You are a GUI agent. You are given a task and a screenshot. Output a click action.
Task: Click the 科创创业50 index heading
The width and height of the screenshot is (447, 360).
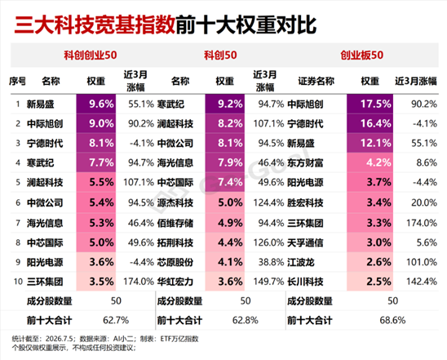point(90,55)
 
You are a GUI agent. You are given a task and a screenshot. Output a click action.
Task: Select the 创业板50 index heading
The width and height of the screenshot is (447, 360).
point(361,55)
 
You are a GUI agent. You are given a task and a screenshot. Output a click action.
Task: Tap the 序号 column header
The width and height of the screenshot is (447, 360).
point(17,82)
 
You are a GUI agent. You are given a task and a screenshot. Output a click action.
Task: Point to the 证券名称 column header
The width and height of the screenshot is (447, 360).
point(316,82)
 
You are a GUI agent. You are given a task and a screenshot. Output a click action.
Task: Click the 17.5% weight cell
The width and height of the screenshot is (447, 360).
point(370,104)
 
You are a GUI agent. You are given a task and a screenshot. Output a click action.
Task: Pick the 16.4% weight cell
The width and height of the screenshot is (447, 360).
point(370,123)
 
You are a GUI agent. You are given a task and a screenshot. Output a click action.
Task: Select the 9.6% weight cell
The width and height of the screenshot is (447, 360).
point(96,104)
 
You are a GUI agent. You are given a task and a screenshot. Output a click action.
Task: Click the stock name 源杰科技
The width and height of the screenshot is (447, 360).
point(175,202)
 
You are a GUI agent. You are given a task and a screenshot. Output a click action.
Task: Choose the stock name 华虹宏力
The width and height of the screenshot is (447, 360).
point(175,282)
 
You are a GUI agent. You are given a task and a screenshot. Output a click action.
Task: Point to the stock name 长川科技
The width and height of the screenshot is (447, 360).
point(305,282)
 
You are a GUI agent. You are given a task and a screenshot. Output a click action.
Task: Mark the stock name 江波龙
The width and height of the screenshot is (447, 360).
point(301,262)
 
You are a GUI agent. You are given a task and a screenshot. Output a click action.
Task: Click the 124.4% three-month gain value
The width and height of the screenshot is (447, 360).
point(268,202)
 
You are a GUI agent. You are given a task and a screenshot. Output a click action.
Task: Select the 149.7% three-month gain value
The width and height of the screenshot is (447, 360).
point(268,282)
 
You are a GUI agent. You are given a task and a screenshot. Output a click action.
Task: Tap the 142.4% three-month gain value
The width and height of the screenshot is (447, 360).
point(422,282)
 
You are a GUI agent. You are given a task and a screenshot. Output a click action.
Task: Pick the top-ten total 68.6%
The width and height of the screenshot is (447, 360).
point(392,320)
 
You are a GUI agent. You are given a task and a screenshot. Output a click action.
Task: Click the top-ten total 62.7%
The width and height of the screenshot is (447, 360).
point(116,320)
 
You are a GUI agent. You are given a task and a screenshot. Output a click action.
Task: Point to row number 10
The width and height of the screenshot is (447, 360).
point(18,282)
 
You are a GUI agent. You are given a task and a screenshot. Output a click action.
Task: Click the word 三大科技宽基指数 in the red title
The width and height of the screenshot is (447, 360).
point(95,24)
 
